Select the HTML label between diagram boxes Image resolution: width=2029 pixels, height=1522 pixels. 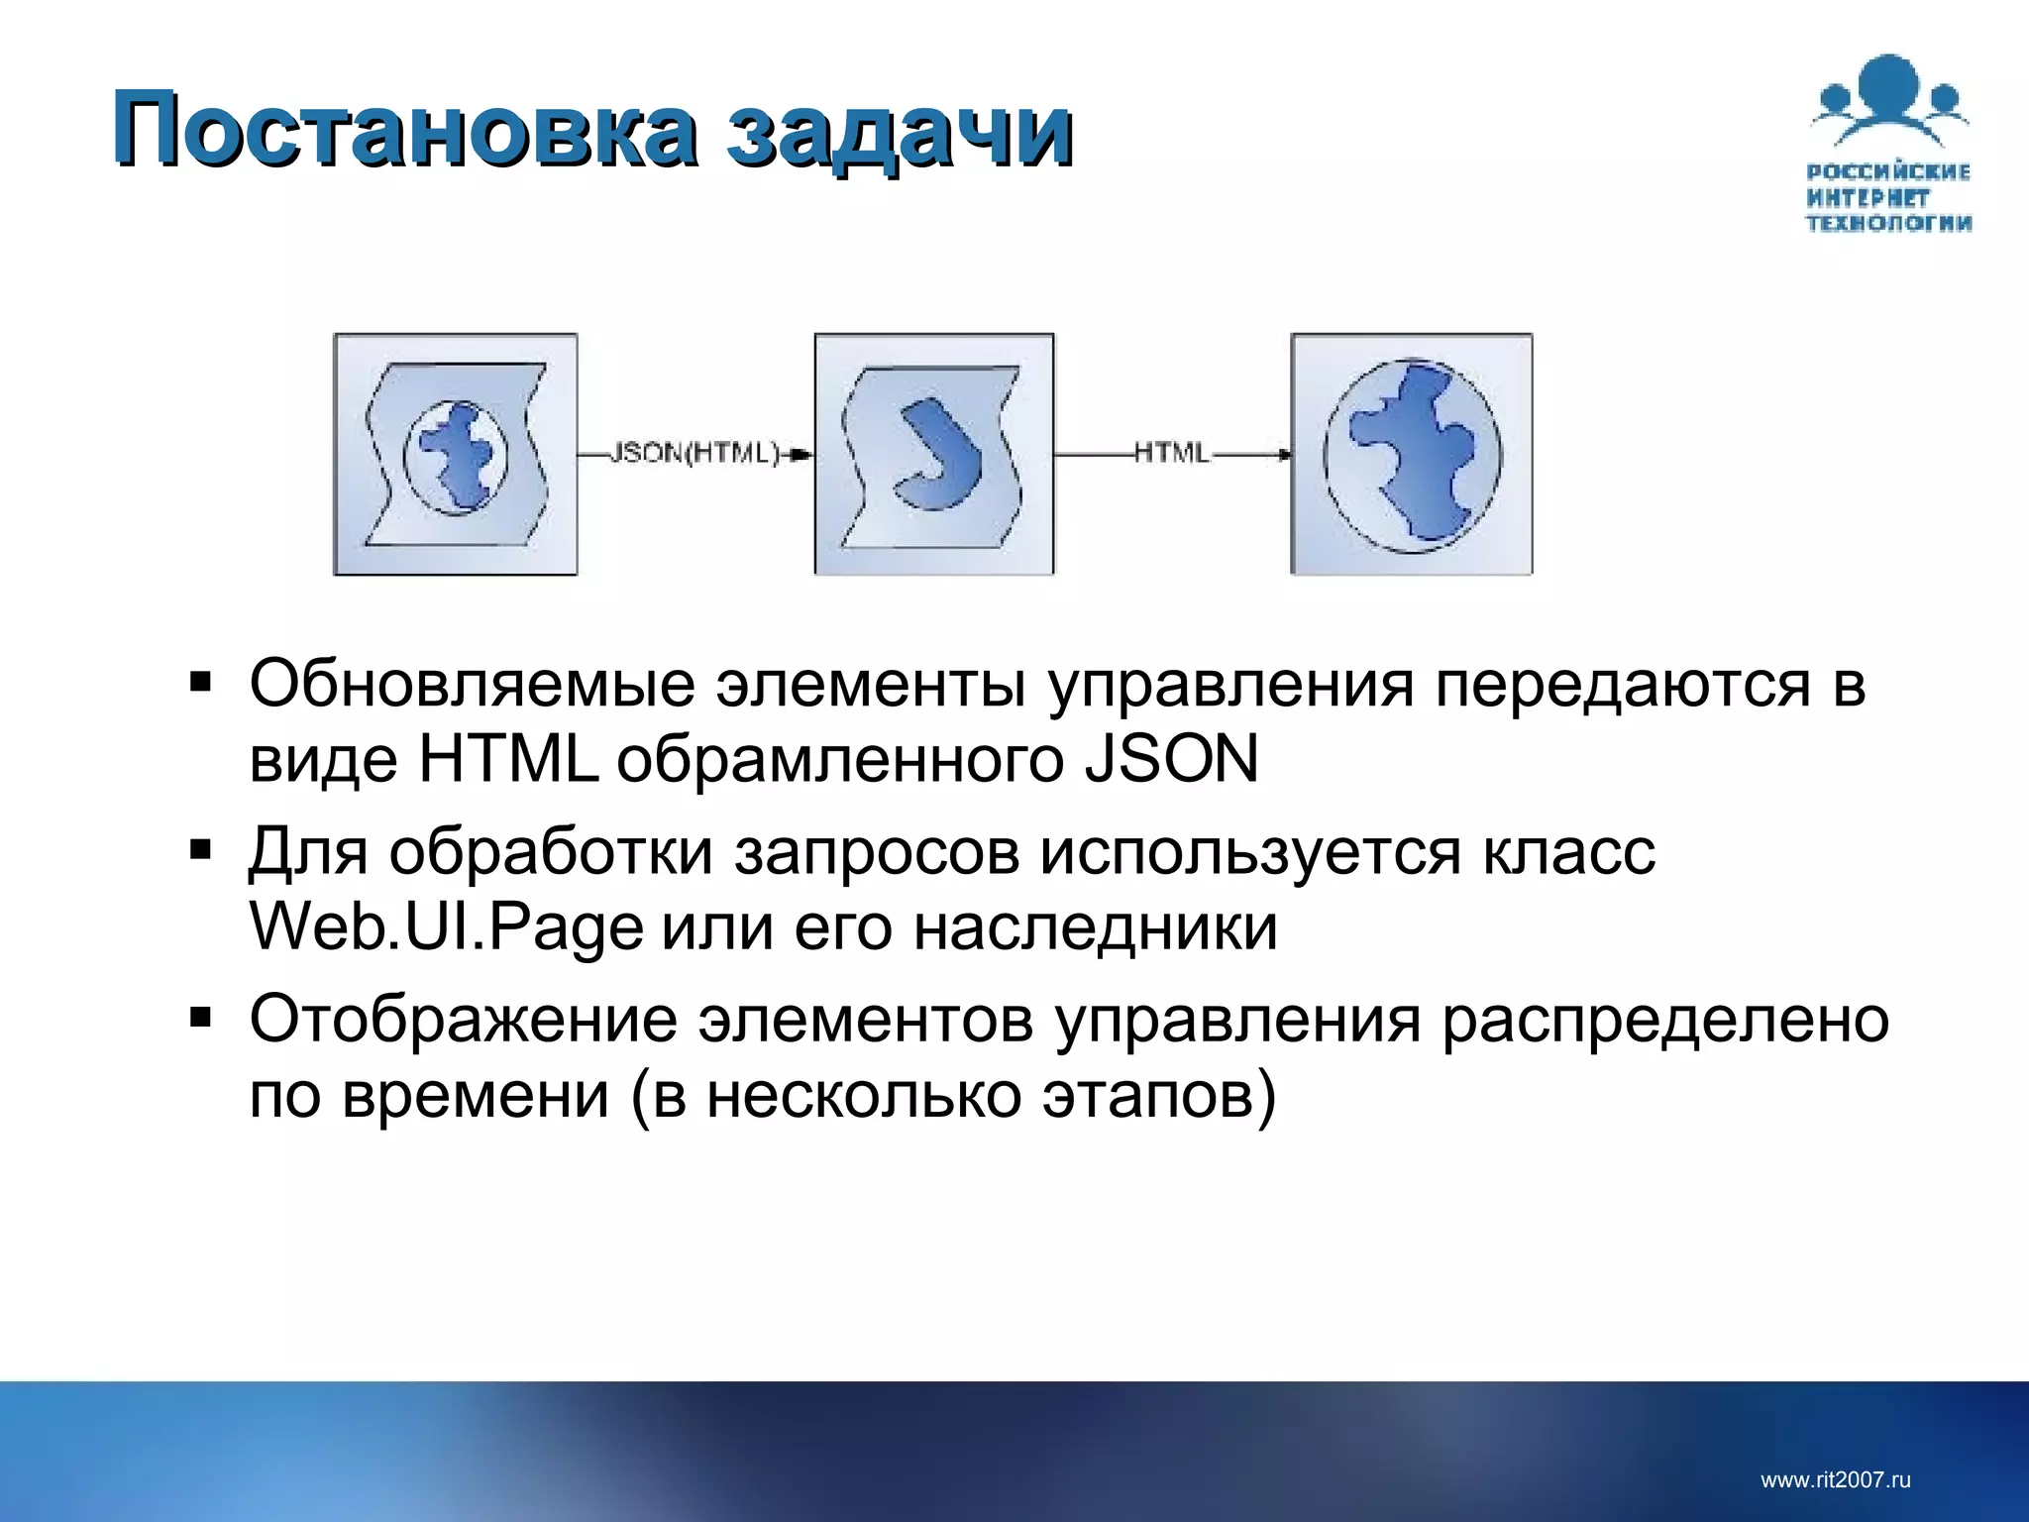[1171, 454]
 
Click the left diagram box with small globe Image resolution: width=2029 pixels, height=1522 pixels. [456, 455]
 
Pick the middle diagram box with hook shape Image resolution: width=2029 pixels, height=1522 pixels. [933, 455]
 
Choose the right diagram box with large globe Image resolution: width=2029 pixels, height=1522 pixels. [1412, 455]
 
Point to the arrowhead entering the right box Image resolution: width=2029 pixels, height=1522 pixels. [1285, 455]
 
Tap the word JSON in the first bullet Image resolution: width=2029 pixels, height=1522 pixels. [1171, 760]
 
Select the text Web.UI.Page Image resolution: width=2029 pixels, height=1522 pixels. [446, 928]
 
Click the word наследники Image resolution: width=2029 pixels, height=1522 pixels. [1095, 928]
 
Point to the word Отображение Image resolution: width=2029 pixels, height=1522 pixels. [463, 1020]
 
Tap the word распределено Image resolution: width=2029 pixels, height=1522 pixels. [1664, 1020]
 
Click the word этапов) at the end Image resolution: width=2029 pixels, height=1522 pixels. [1159, 1097]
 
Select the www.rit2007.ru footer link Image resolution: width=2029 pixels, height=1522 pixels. [1835, 1480]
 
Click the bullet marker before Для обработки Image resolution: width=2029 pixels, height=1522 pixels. [201, 850]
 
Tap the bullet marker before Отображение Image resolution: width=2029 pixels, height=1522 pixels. [201, 1018]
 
